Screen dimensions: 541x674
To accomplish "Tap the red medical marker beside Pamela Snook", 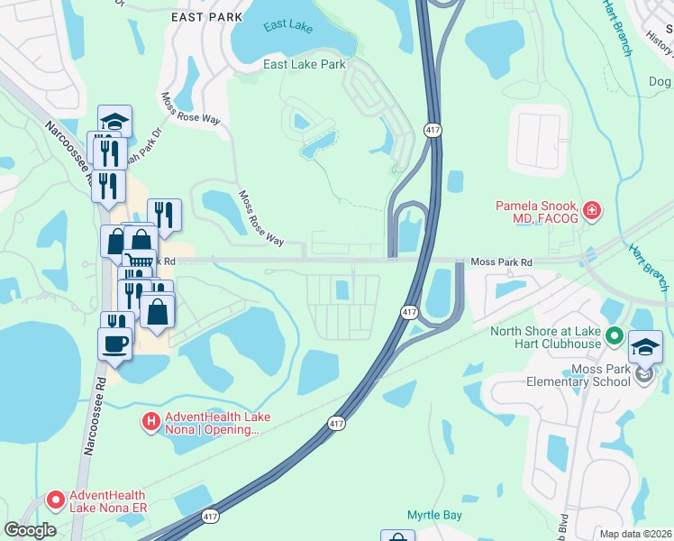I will [x=592, y=212].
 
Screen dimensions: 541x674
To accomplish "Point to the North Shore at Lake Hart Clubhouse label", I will [x=545, y=337].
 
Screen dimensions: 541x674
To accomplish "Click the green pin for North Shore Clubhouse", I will [x=615, y=336].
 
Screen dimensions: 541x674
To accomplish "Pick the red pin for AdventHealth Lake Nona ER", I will [x=55, y=499].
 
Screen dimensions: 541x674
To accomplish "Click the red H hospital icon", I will [x=151, y=419].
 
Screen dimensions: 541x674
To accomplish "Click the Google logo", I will [x=31, y=530].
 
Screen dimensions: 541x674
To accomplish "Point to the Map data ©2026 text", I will [x=635, y=534].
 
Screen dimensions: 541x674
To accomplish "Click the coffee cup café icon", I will [x=115, y=344].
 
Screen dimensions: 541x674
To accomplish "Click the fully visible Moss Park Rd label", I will [x=501, y=262].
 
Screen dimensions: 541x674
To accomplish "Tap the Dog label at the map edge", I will [x=660, y=82].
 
